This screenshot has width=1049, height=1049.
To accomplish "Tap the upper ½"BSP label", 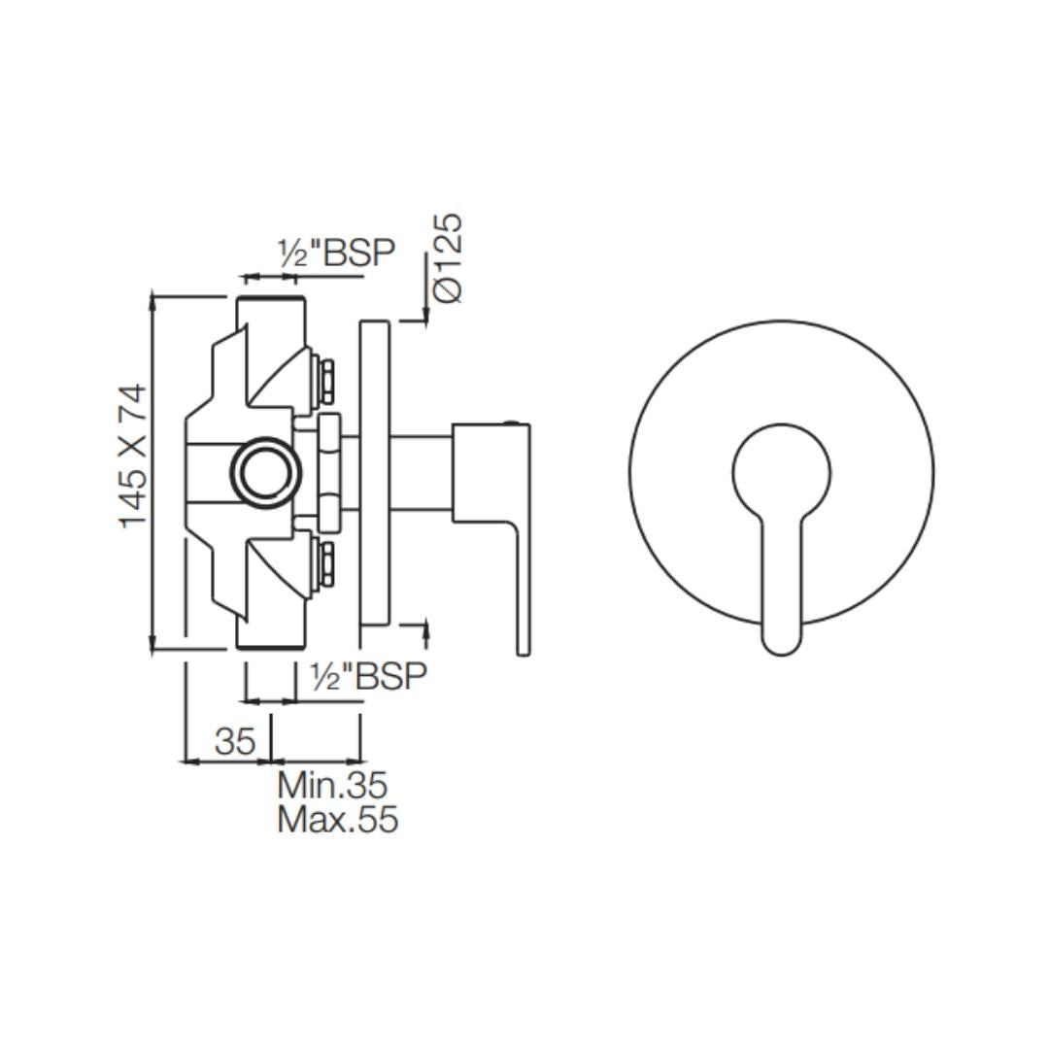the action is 337,252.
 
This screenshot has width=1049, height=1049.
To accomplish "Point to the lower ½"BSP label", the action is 369,676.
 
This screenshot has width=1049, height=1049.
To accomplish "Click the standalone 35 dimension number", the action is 235,740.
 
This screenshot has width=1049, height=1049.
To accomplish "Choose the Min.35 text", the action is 332,786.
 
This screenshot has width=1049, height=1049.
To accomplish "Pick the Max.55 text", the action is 338,819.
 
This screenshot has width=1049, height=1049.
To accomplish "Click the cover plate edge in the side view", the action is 375,473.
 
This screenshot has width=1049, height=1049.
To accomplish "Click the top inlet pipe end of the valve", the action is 271,299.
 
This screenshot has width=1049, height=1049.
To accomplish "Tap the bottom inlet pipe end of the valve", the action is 271,646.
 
